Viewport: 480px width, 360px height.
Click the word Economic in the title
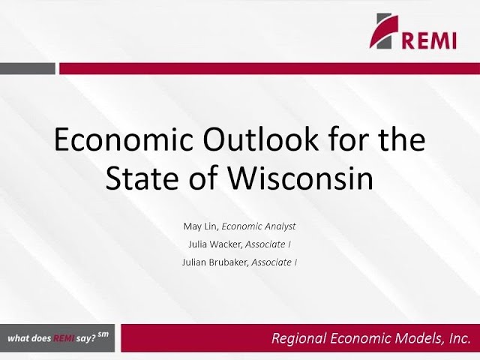(x=123, y=139)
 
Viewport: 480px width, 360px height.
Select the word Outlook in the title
(x=260, y=139)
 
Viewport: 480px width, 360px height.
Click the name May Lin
(x=200, y=226)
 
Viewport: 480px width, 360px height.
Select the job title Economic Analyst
(x=259, y=226)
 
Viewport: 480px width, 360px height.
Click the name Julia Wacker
(x=215, y=244)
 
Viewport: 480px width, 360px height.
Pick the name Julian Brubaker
(x=214, y=262)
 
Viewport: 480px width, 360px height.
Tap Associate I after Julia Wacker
(x=268, y=244)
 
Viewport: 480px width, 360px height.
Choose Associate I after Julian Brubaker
(x=274, y=262)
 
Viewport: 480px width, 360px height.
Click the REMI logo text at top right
(x=429, y=40)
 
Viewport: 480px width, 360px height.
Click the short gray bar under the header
(x=28, y=68)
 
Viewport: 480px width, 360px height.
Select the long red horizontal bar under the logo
(x=270, y=68)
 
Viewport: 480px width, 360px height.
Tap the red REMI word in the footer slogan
(x=64, y=338)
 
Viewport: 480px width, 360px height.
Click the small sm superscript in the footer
(x=103, y=334)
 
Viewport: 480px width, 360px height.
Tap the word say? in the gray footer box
(x=86, y=339)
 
